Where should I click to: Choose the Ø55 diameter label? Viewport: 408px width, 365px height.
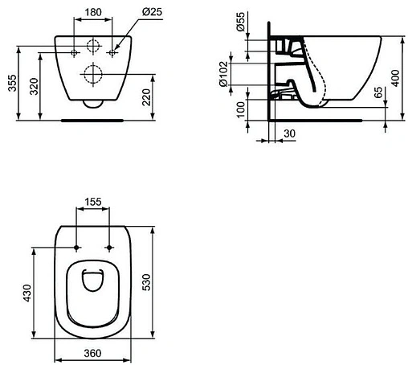pos(241,23)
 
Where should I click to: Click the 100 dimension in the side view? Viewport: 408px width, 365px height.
pos(241,109)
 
